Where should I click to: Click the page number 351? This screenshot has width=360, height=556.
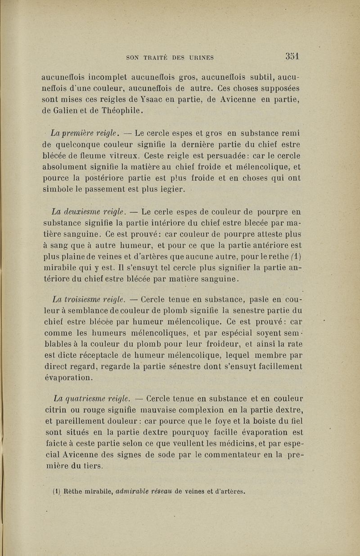(x=292, y=57)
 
